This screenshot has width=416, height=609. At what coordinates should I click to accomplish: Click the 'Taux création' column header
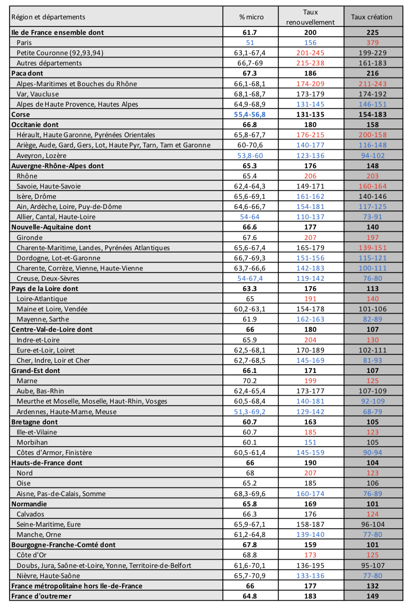pos(372,17)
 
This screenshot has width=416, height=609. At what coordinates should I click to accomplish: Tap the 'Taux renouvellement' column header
pos(310,17)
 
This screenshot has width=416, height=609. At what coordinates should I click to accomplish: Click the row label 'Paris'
pos(24,43)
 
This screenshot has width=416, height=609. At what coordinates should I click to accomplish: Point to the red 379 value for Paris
pos(373,43)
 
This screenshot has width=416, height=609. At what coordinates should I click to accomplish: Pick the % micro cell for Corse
pos(250,114)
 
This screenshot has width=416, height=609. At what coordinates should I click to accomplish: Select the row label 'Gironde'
pos(29,238)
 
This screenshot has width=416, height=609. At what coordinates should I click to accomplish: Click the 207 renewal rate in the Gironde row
pos(310,238)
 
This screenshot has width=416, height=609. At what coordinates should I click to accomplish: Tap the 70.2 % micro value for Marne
pos(250,381)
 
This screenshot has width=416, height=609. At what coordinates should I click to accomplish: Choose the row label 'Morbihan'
pos(32,442)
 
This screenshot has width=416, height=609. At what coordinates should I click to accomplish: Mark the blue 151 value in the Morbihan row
pos(310,442)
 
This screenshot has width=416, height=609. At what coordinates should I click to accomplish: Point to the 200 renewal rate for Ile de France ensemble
pos(310,32)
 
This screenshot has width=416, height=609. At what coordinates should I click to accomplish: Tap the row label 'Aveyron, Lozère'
pos(42,156)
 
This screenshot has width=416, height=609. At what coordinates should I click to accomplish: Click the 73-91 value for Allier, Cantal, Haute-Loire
pos(373,217)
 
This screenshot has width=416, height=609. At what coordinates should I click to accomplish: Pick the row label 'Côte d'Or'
pos(32,555)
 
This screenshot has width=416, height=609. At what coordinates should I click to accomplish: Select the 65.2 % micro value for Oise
pos(250,483)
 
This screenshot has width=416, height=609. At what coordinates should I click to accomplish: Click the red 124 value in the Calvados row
pos(373,514)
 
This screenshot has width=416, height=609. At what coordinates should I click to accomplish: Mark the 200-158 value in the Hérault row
pos(373,135)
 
